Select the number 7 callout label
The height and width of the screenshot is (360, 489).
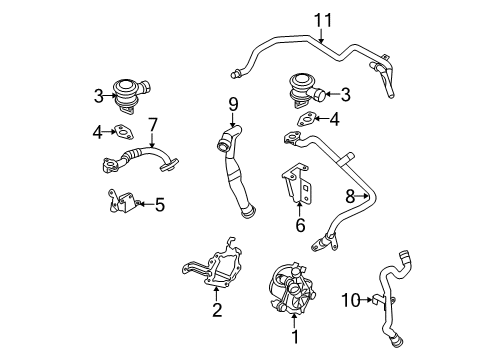(153, 125)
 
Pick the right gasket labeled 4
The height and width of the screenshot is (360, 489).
(304, 121)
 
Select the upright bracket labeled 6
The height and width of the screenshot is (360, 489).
(297, 187)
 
